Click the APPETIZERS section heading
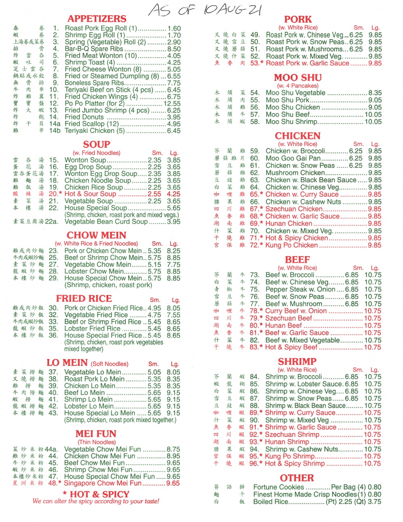click(x=97, y=19)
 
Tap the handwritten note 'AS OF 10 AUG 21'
click(x=205, y=10)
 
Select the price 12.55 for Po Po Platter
click(x=172, y=104)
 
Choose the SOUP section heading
click(x=97, y=144)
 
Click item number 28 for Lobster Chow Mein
click(x=53, y=271)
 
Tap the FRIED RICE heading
click(x=84, y=299)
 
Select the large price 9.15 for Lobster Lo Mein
click(x=173, y=406)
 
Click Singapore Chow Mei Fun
click(x=102, y=483)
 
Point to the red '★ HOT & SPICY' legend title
click(x=96, y=494)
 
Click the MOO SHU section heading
click(x=298, y=77)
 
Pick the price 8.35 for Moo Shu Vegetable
click(x=375, y=93)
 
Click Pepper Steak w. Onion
click(x=300, y=289)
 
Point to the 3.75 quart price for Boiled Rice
click(x=374, y=501)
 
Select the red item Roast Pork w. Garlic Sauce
click(x=307, y=63)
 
